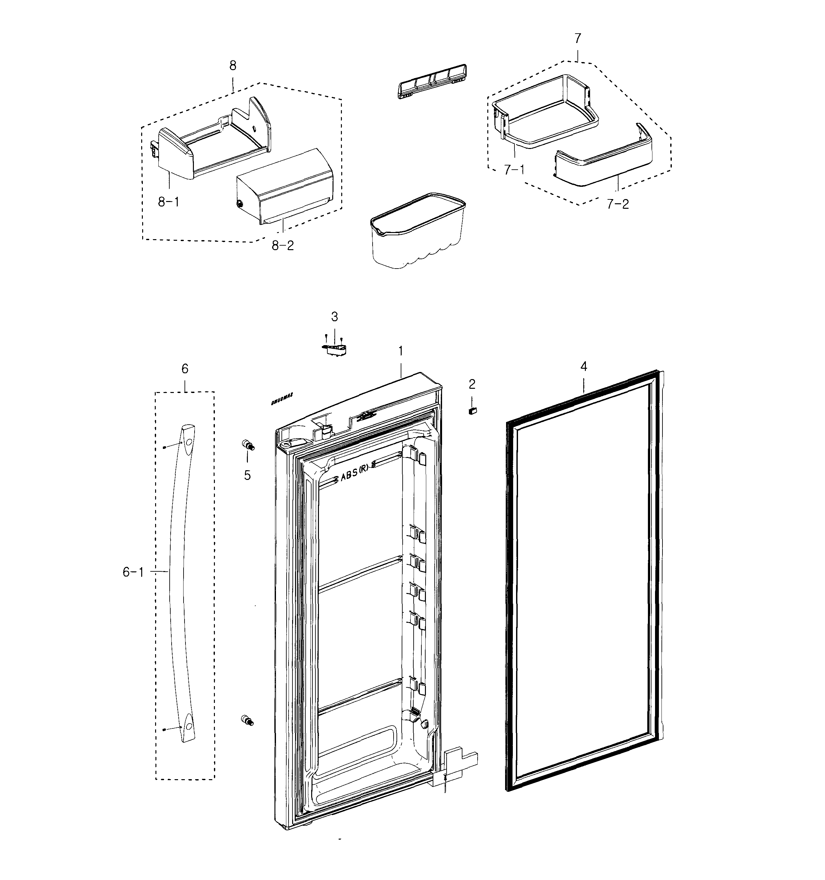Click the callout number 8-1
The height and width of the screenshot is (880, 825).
tap(169, 202)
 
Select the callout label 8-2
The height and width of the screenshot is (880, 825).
tap(282, 245)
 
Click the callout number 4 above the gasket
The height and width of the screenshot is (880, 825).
tap(584, 366)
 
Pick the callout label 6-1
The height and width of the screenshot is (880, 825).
tap(133, 572)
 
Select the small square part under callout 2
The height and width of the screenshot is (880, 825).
tap(472, 411)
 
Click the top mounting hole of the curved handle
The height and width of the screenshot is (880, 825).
tap(188, 442)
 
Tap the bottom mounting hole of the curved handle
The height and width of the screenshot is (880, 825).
tap(188, 726)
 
